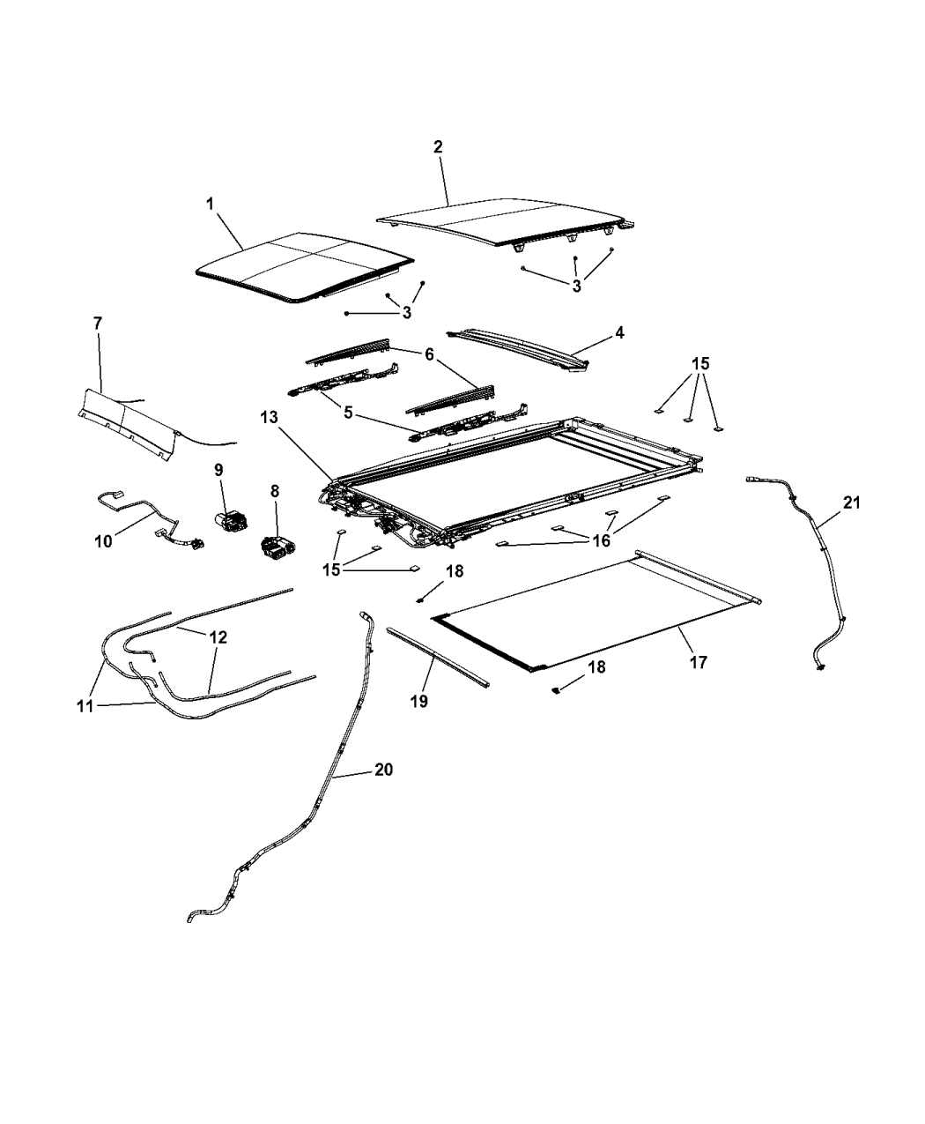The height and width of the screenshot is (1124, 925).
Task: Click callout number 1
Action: (210, 204)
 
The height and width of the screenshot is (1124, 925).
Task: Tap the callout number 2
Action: (438, 147)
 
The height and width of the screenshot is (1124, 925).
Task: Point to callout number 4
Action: (619, 333)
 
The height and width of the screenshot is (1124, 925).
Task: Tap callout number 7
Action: (97, 324)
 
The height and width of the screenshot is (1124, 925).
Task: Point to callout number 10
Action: (103, 540)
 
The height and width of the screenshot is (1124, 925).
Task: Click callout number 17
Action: (698, 662)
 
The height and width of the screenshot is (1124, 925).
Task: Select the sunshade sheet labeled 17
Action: (599, 608)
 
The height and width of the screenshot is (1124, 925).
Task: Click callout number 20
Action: (382, 770)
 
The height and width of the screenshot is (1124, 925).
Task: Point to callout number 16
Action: (602, 540)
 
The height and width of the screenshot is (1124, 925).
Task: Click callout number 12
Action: (218, 637)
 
